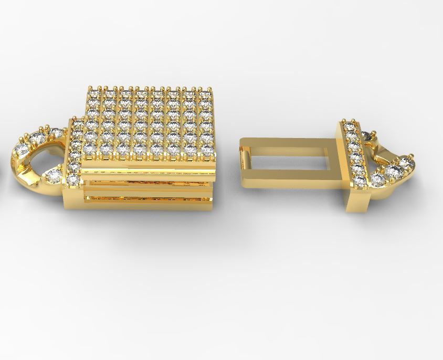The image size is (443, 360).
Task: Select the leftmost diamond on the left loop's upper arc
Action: [22, 151]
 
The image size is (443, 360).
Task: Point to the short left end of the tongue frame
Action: [245, 157]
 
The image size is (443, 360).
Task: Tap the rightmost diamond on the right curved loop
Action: [409, 164]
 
